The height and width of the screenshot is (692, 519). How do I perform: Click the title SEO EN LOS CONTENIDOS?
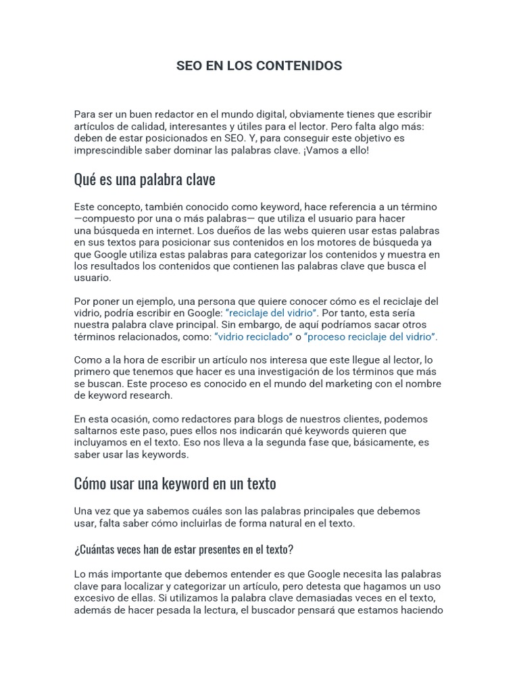pyautogui.click(x=259, y=66)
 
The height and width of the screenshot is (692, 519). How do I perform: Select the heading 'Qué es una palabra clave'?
pyautogui.click(x=144, y=180)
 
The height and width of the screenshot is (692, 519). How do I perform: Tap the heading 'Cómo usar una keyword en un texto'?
pyautogui.click(x=174, y=484)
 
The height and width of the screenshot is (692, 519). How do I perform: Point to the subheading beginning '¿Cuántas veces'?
pyautogui.click(x=183, y=549)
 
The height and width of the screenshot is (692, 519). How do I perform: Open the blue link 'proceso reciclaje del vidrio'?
pyautogui.click(x=372, y=337)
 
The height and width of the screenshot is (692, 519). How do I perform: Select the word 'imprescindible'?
pyautogui.click(x=106, y=151)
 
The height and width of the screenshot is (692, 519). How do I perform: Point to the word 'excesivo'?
pyautogui.click(x=94, y=599)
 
